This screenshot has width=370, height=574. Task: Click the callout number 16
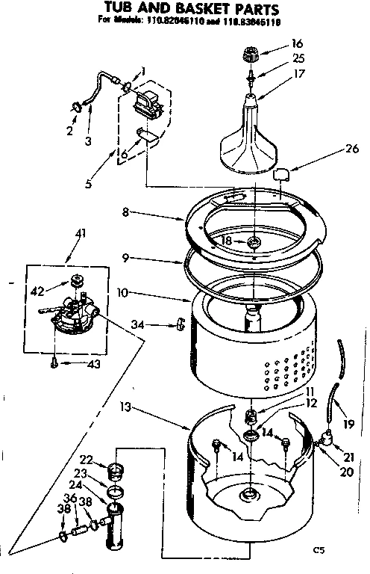(x=297, y=44)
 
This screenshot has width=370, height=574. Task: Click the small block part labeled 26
(x=282, y=175)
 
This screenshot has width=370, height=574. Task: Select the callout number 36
(x=69, y=498)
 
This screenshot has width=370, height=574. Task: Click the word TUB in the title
(x=122, y=9)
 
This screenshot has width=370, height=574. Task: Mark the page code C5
(x=319, y=552)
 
